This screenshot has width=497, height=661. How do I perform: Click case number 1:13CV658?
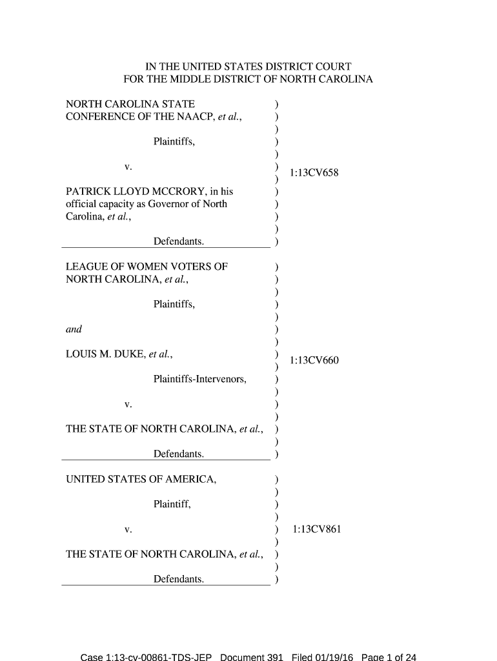click(x=314, y=173)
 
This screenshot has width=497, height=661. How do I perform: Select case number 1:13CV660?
click(x=314, y=360)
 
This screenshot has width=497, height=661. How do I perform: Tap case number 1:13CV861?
click(x=316, y=529)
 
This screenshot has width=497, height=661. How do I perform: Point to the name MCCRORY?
click(x=176, y=191)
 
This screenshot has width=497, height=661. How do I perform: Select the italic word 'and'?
click(x=74, y=329)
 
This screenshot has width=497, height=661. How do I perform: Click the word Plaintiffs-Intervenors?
click(x=200, y=379)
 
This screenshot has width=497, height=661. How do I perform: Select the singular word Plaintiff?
click(x=172, y=504)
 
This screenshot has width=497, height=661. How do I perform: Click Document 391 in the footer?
click(x=252, y=656)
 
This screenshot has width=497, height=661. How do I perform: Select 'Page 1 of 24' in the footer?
click(x=389, y=656)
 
